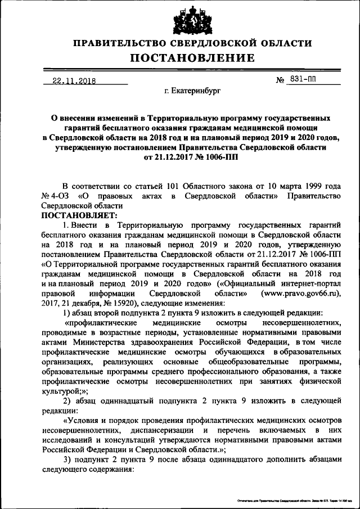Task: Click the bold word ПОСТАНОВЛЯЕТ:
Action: point(78,215)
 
